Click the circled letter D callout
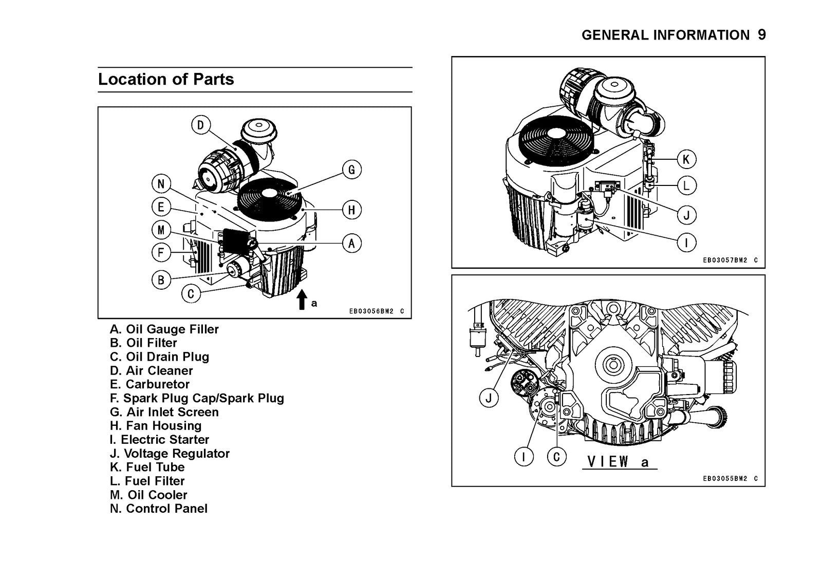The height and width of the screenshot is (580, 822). pos(200,125)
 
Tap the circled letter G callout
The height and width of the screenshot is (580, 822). pos(351,170)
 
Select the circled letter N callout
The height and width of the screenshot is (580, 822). pos(161,184)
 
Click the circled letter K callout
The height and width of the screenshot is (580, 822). pos(686,160)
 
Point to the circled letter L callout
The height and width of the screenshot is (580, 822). pos(686,185)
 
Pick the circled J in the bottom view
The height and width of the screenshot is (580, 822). pos(489,398)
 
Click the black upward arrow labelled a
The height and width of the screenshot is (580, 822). pos(302,300)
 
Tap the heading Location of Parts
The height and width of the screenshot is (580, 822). pos(166,79)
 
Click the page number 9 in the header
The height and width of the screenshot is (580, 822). pos(761,35)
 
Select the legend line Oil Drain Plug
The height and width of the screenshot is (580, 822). pos(159,357)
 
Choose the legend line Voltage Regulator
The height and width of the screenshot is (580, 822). pos(170,454)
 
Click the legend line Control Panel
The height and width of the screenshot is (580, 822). pos(159,509)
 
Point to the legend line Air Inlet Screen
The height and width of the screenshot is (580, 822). pos(164,412)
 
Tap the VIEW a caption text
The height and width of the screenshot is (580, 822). pos(619,461)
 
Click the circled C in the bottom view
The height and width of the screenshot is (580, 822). pos(556,456)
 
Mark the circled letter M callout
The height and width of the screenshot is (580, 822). pos(161,230)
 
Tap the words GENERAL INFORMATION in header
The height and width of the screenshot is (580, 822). pos(665,35)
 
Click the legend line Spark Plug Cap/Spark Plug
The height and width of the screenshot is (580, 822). pos(197,398)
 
